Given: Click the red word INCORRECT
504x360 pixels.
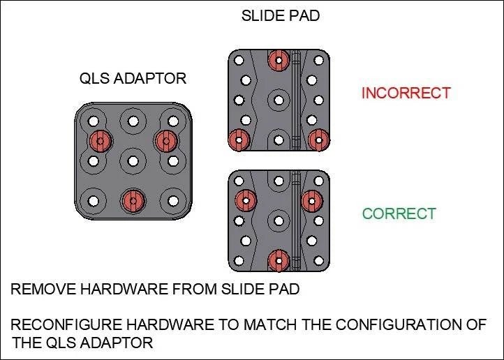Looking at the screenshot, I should click(x=406, y=93).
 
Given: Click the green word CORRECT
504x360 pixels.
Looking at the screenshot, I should click(x=399, y=213).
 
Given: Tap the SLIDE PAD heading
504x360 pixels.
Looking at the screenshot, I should click(x=280, y=15).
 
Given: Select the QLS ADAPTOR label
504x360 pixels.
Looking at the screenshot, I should click(x=133, y=78).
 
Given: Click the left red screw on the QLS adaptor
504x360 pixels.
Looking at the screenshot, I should click(x=101, y=141).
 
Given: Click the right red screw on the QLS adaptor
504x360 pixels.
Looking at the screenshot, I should click(x=165, y=141).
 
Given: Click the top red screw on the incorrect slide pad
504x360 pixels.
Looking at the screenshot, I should click(x=279, y=60).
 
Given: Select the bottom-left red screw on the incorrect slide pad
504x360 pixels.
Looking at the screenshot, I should click(x=239, y=140).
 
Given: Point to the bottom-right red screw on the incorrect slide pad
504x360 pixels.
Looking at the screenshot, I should click(x=318, y=140).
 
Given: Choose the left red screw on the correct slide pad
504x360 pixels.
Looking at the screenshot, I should click(x=244, y=201).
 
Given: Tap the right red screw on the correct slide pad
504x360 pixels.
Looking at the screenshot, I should click(x=311, y=201).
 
